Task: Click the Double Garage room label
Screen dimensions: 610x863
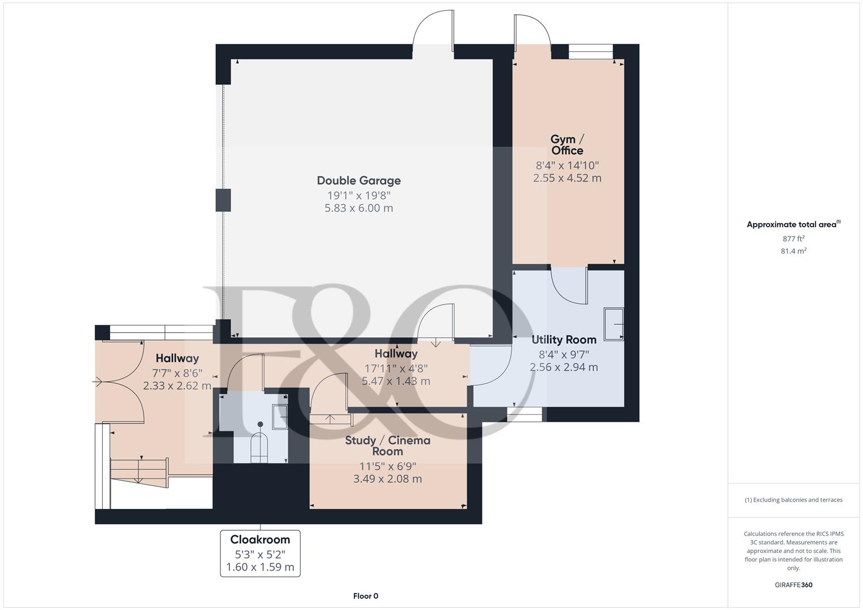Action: tap(358, 181)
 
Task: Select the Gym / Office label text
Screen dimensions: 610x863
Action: tap(567, 145)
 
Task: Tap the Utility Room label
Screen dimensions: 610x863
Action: tap(563, 339)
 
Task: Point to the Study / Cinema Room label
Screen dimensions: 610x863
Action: tap(388, 446)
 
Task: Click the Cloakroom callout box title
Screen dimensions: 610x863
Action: tap(260, 539)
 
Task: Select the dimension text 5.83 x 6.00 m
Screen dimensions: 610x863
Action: tap(358, 208)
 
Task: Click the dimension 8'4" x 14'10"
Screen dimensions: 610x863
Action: tap(567, 165)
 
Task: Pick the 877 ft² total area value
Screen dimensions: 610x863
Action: tap(793, 239)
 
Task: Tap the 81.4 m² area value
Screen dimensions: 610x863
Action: tap(793, 251)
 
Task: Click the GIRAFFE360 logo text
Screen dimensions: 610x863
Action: tap(793, 585)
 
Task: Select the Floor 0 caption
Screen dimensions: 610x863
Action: tap(365, 596)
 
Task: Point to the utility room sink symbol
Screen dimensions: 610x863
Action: tap(614, 324)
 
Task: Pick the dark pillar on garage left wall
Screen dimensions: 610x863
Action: tap(223, 201)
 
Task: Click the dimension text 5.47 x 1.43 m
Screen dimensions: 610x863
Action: tap(396, 381)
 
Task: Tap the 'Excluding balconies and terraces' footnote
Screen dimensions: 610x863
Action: tap(793, 500)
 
